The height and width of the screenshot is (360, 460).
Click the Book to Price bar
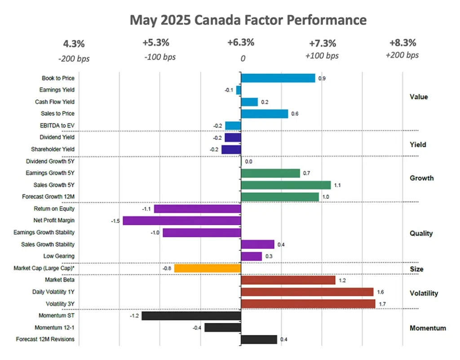(x=278, y=78)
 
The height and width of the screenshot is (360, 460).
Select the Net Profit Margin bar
(x=182, y=221)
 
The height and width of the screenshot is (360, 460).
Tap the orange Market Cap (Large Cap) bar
(x=208, y=268)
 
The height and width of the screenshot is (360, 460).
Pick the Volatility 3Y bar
(x=308, y=304)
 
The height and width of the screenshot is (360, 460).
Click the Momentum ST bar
(x=191, y=316)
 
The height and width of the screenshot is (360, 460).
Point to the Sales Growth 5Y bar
(x=286, y=185)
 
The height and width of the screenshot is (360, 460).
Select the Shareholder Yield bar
(x=231, y=149)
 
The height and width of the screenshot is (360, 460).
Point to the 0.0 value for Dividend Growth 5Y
(x=248, y=161)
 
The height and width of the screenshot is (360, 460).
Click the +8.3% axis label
(x=403, y=43)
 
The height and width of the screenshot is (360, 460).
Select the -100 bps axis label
(x=160, y=57)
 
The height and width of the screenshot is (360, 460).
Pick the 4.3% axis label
(x=73, y=44)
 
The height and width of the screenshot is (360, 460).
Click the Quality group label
(x=421, y=233)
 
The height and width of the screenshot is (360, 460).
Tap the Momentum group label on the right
(x=428, y=328)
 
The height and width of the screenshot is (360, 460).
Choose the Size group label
(x=416, y=269)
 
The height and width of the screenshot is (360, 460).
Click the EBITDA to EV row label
(x=56, y=125)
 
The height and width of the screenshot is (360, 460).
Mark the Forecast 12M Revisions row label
(x=45, y=339)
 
